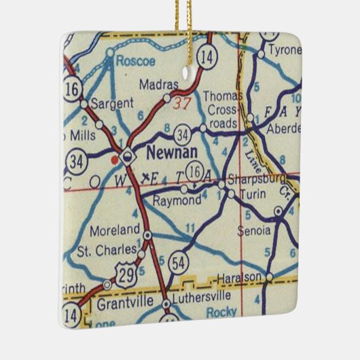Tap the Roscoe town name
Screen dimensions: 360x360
point(135,61)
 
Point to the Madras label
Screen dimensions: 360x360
point(158,85)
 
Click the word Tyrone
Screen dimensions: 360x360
point(283,50)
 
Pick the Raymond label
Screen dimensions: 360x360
point(177,201)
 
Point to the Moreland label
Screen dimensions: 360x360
point(120,229)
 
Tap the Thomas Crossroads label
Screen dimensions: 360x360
point(221,109)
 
